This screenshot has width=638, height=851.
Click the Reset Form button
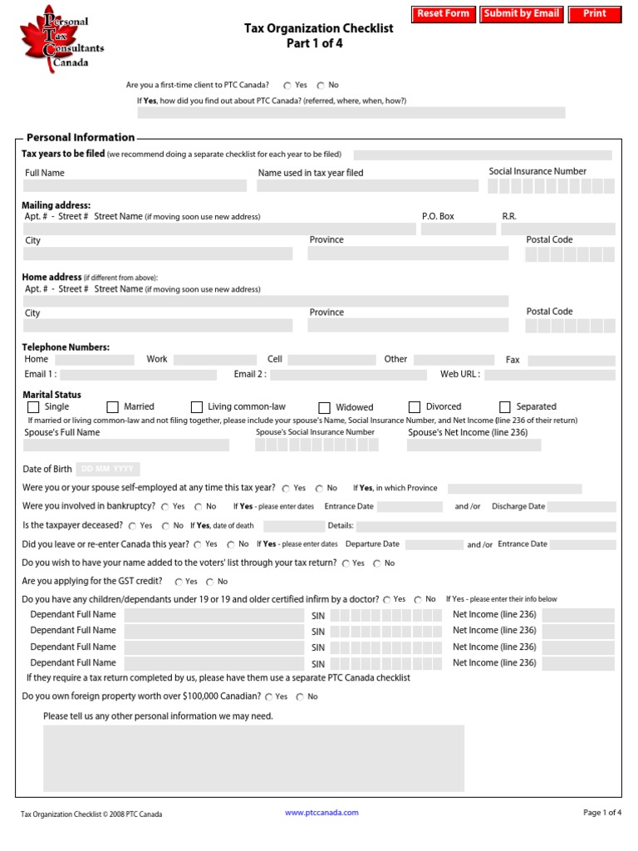pyautogui.click(x=443, y=14)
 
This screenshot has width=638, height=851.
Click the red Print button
pyautogui.click(x=595, y=14)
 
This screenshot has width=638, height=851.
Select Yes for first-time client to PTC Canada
pyautogui.click(x=287, y=86)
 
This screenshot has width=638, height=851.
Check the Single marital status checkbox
pyautogui.click(x=33, y=407)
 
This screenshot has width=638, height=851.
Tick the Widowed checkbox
pyautogui.click(x=325, y=408)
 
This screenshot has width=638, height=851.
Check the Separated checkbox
pyautogui.click(x=505, y=407)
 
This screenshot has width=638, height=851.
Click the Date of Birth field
pyautogui.click(x=108, y=470)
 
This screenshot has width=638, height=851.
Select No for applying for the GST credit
pyautogui.click(x=210, y=582)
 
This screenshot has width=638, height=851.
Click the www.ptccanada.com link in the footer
pyautogui.click(x=321, y=813)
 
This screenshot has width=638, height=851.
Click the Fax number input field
pyautogui.click(x=571, y=361)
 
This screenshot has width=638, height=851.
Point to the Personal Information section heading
pyautogui.click(x=81, y=138)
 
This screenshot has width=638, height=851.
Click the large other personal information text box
pyautogui.click(x=253, y=758)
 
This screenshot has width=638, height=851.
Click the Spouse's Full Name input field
pyautogui.click(x=125, y=445)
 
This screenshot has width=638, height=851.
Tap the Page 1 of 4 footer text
pyautogui.click(x=602, y=813)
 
